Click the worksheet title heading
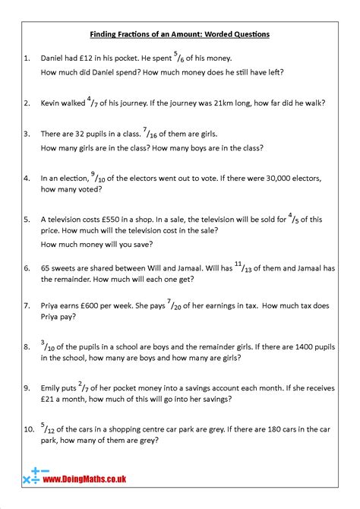[x=179, y=34]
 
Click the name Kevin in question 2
[x=52, y=103]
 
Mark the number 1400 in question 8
[x=317, y=346]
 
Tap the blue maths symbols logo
[x=32, y=477]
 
